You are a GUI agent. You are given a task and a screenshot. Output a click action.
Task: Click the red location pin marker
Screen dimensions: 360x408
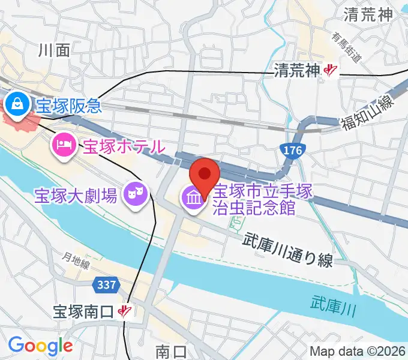[x=204, y=175]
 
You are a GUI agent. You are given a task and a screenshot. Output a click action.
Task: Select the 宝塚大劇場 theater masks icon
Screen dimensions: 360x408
[x=136, y=194]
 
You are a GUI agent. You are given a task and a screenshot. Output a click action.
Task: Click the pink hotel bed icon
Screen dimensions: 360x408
[x=64, y=144]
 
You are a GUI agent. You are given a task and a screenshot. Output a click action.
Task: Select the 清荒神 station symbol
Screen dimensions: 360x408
[x=329, y=71]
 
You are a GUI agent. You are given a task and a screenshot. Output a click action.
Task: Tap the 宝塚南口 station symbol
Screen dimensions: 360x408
[x=125, y=311]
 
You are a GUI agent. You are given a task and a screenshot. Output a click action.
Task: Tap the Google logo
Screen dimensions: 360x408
[x=40, y=345]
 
